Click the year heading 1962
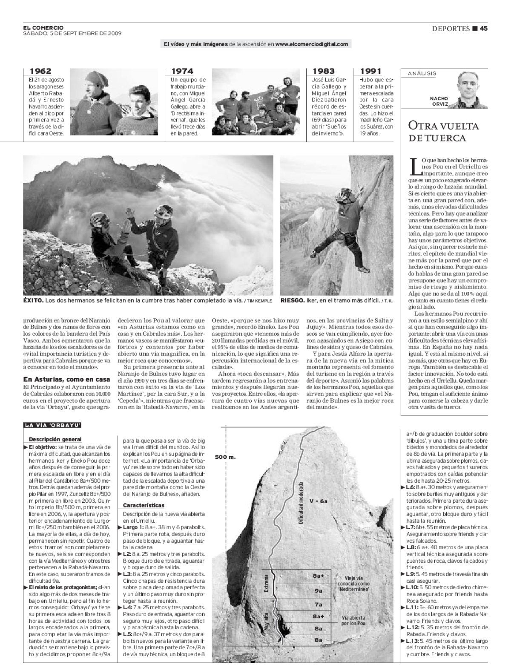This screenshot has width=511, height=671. click(40, 71)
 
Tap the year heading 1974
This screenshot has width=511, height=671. click(182, 71)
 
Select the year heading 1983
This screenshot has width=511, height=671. click(324, 71)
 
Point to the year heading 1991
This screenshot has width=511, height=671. click(371, 71)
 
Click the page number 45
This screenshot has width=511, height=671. click(483, 29)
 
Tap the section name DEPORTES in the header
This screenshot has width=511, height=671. click(451, 29)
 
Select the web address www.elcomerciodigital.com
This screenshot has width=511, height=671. click(312, 44)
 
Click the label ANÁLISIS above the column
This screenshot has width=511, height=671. click(422, 73)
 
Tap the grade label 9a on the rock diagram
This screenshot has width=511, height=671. click(318, 591)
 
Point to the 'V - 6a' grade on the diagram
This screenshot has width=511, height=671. click(319, 501)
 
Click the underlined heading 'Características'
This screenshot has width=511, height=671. click(144, 505)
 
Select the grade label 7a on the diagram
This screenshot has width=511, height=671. click(318, 604)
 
